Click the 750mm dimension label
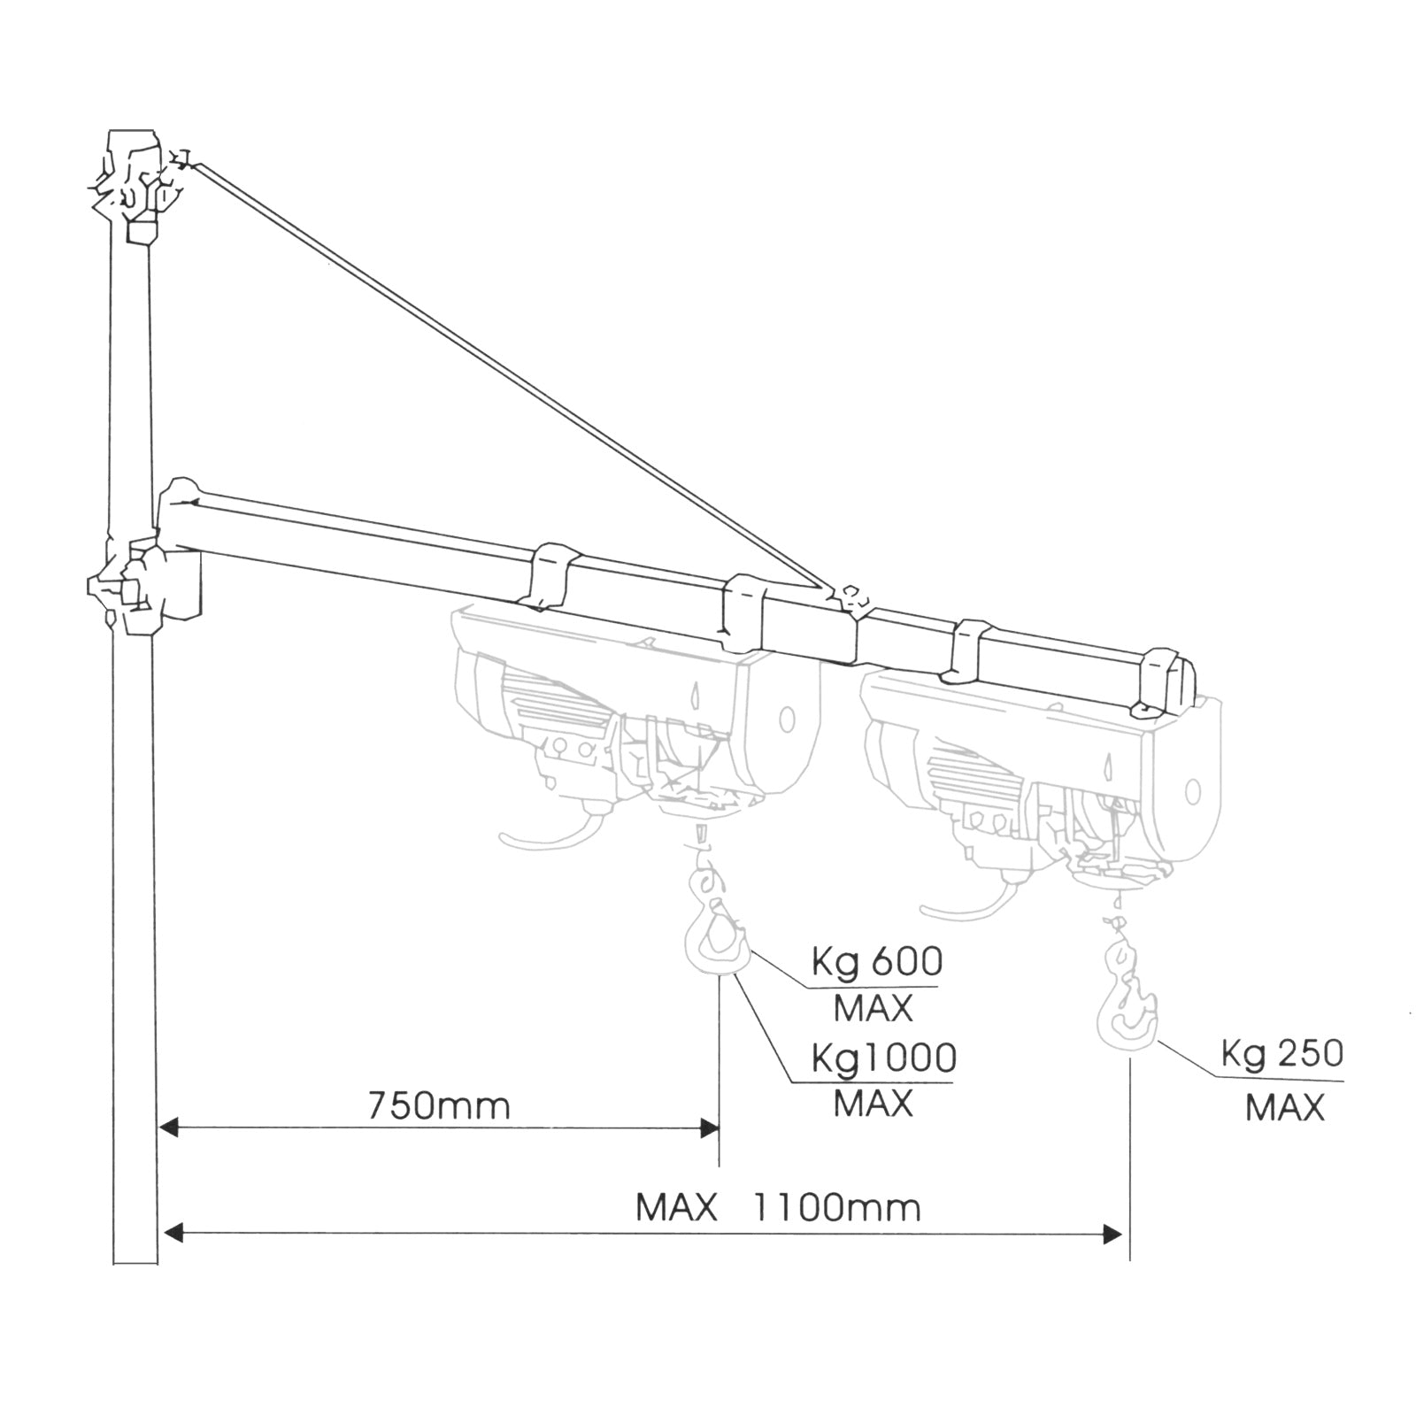[x=439, y=1106]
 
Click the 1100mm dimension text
[x=836, y=1207]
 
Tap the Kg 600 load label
[x=876, y=962]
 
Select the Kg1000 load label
[x=883, y=1058]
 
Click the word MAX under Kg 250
[x=1284, y=1108]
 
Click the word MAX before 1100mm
[x=676, y=1207]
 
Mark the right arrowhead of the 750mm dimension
[x=710, y=1127]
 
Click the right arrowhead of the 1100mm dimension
[x=1113, y=1234]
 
